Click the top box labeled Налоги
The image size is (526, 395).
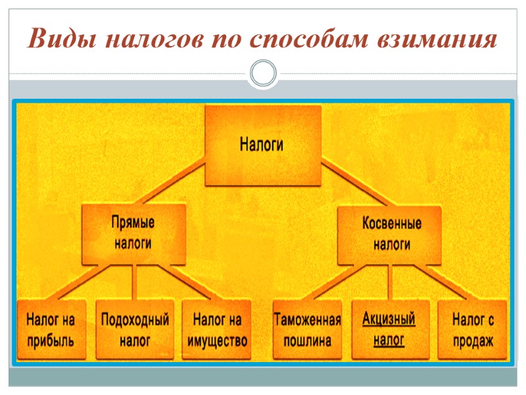[263, 145]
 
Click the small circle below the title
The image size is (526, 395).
[263, 72]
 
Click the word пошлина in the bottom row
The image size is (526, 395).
[307, 342]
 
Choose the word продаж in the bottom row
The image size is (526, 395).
[473, 342]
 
